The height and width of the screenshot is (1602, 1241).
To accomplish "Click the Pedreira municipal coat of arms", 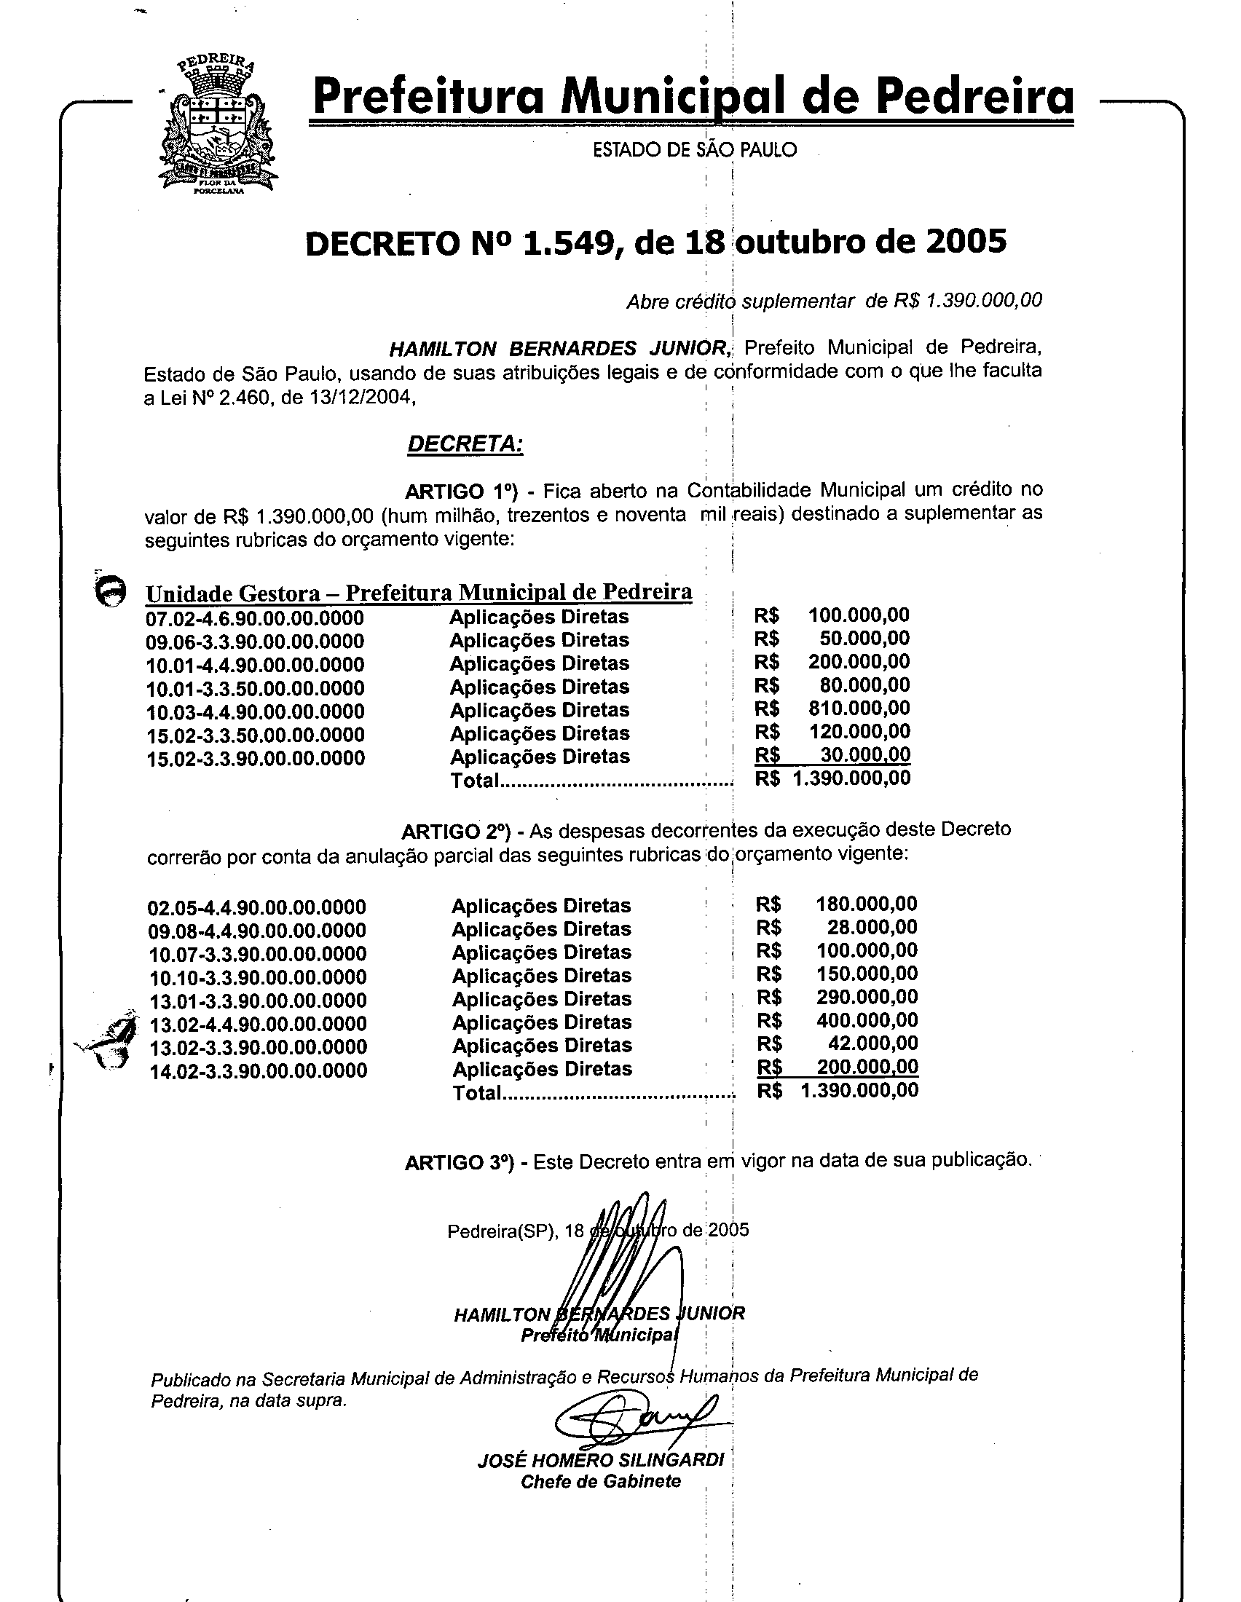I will pos(218,125).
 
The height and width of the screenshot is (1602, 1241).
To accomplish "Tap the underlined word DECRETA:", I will pos(465,444).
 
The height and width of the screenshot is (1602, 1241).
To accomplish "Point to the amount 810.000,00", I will pos(859,709).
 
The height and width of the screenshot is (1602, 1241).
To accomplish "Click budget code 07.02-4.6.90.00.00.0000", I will pos(254,618).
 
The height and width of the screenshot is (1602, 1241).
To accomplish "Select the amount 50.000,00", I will pos(864,638).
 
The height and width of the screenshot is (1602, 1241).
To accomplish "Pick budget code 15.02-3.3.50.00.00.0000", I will pos(255,735).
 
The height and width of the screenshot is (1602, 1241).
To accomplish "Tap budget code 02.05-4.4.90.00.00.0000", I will pos(256,908).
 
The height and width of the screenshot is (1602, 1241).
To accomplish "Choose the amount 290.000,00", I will pos(867,997).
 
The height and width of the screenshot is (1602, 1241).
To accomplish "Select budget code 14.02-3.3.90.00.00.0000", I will pos(258,1072).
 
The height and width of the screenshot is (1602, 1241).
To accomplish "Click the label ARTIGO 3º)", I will pos(461,1163).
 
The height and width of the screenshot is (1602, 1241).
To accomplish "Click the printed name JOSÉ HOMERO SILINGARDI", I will pos(600,1460).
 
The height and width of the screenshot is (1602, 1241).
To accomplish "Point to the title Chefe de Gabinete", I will pos(600,1482).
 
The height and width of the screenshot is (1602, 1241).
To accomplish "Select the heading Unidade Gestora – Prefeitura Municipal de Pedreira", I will pos(419,593).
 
